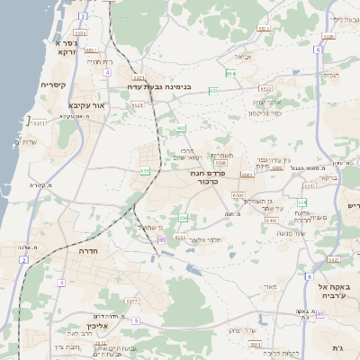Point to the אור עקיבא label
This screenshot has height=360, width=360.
(87, 104)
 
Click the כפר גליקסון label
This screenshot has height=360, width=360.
(266, 112)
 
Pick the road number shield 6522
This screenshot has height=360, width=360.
(265, 89)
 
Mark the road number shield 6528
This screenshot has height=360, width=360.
(137, 105)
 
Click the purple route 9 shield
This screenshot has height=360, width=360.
(135, 320)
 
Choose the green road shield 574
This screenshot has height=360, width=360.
(302, 202)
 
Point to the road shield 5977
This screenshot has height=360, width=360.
(131, 301)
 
